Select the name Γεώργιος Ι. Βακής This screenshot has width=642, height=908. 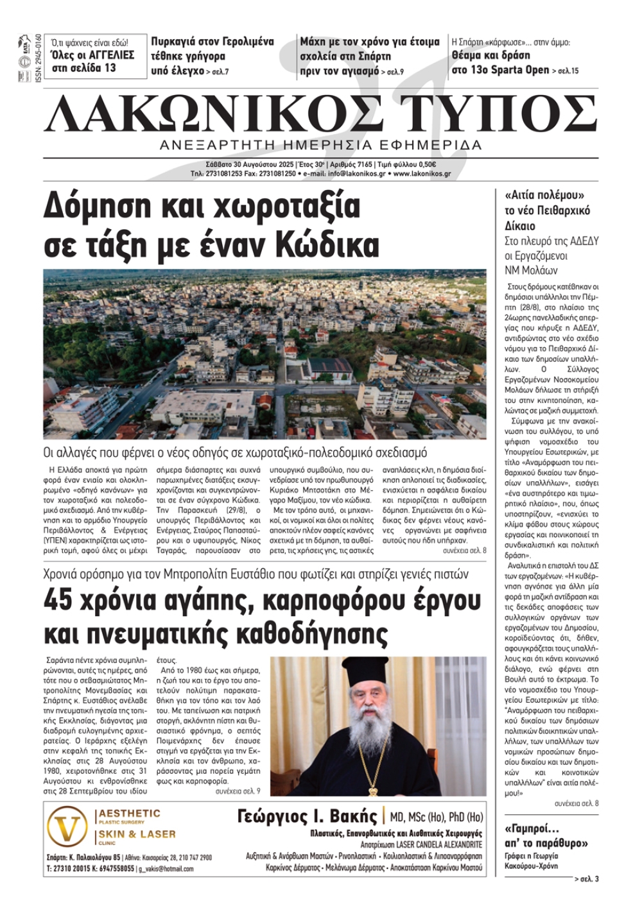[x=307, y=816]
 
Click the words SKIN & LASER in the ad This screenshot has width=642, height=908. [x=137, y=834]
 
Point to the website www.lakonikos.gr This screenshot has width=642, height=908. [x=422, y=173]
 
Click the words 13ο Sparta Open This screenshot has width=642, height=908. [x=500, y=70]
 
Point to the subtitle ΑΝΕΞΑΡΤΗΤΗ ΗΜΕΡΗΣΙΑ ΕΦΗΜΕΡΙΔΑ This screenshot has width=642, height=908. [x=321, y=144]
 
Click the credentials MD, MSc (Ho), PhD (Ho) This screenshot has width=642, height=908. [x=437, y=817]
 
